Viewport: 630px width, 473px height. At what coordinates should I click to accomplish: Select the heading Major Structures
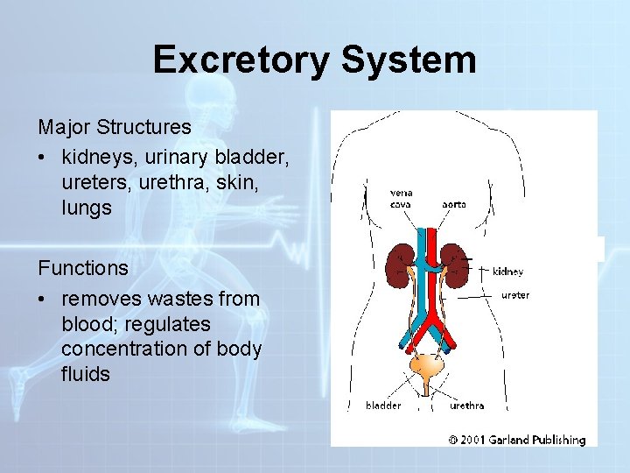(115, 127)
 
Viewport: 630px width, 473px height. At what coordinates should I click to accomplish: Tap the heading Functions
(83, 267)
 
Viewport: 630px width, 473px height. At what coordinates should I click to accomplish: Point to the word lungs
(87, 208)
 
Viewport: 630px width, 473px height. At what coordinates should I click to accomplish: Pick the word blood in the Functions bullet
(88, 324)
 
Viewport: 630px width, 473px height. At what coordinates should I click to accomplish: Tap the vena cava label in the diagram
(401, 198)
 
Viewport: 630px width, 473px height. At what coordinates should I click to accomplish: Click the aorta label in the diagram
(453, 204)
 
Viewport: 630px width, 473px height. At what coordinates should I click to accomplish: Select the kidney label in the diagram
(508, 272)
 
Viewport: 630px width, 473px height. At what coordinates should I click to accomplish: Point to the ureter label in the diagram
(514, 295)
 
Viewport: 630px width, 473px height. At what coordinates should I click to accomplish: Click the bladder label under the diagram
(383, 406)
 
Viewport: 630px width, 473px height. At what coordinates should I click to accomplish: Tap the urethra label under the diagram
(466, 406)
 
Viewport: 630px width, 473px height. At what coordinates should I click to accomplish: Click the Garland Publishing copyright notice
(517, 439)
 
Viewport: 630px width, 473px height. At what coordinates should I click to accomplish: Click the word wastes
(185, 299)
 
